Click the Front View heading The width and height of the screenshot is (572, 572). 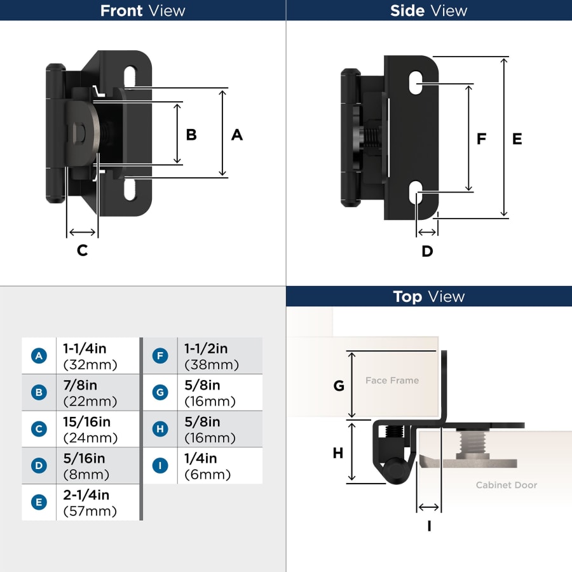click(x=143, y=11)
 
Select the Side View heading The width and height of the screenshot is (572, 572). click(x=429, y=11)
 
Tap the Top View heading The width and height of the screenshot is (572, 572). click(x=429, y=297)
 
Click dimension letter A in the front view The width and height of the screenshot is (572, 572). click(x=237, y=135)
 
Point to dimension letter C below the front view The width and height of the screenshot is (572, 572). click(x=82, y=250)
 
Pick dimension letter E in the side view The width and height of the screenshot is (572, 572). click(x=517, y=139)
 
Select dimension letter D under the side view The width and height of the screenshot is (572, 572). click(x=427, y=251)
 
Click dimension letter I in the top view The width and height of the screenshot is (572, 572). click(x=429, y=526)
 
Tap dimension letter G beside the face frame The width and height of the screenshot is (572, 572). click(x=339, y=386)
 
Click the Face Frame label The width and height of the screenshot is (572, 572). click(x=392, y=381)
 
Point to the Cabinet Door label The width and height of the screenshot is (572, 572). click(x=507, y=485)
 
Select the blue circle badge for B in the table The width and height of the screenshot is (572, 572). click(x=39, y=393)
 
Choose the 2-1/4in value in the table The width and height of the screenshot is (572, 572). click(x=86, y=495)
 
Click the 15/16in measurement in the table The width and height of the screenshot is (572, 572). click(x=86, y=422)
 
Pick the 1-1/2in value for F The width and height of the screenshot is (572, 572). click(x=206, y=349)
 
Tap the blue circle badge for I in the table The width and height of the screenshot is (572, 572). click(x=160, y=466)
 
